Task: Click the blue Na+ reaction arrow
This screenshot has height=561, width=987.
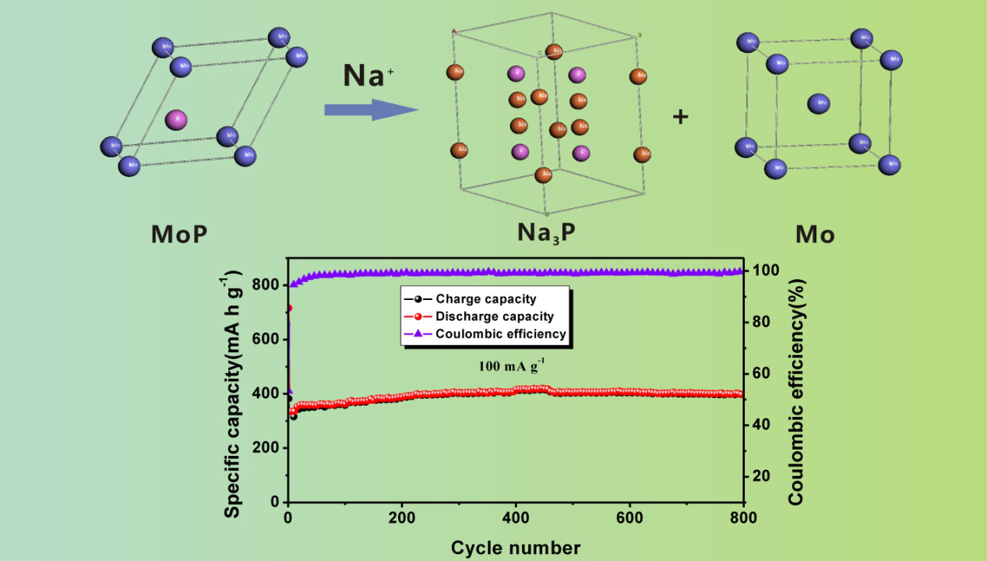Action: click(x=371, y=109)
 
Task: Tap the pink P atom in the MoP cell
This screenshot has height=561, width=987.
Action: click(x=177, y=120)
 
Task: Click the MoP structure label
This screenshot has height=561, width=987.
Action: click(x=179, y=234)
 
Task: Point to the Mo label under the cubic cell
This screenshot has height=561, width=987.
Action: click(x=815, y=234)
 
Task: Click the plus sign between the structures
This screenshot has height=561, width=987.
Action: click(x=681, y=118)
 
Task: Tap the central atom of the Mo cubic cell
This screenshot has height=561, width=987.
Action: click(x=818, y=104)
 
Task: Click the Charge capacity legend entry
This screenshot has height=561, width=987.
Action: click(x=485, y=299)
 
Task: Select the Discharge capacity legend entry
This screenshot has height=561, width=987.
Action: click(x=494, y=316)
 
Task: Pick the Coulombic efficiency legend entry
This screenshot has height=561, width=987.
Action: click(x=500, y=334)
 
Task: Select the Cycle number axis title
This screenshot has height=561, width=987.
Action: click(x=515, y=547)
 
